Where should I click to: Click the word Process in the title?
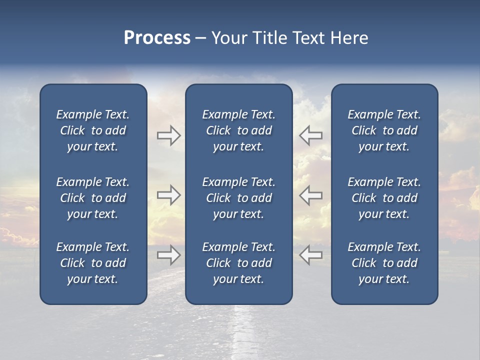coord(157,38)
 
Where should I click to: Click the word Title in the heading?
coord(268,38)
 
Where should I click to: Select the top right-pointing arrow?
coord(168,135)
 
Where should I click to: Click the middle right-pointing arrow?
coord(168,195)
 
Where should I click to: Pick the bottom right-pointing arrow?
coord(168,255)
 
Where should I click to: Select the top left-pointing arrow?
coord(310,135)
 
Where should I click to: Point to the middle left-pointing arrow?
coord(310,195)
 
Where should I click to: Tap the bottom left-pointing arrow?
coord(310,255)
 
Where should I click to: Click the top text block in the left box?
coord(93,130)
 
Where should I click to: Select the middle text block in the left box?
coord(93,198)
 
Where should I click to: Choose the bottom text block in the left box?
coord(93,263)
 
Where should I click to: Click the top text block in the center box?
coord(238,130)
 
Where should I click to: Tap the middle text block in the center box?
coord(238,198)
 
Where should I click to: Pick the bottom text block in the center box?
coord(238,263)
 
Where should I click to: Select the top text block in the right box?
coord(384,130)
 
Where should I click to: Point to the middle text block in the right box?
coord(384,198)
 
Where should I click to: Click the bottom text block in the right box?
coord(384,263)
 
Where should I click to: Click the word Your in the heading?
coord(228,38)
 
